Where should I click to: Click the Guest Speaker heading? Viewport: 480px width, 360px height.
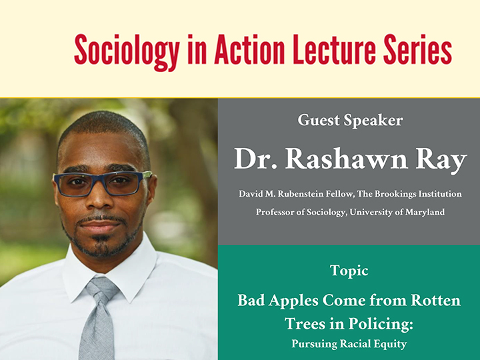point(349,121)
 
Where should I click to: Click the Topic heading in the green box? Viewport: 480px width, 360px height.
point(349,271)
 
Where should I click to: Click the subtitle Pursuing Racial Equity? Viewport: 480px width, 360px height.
point(349,344)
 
